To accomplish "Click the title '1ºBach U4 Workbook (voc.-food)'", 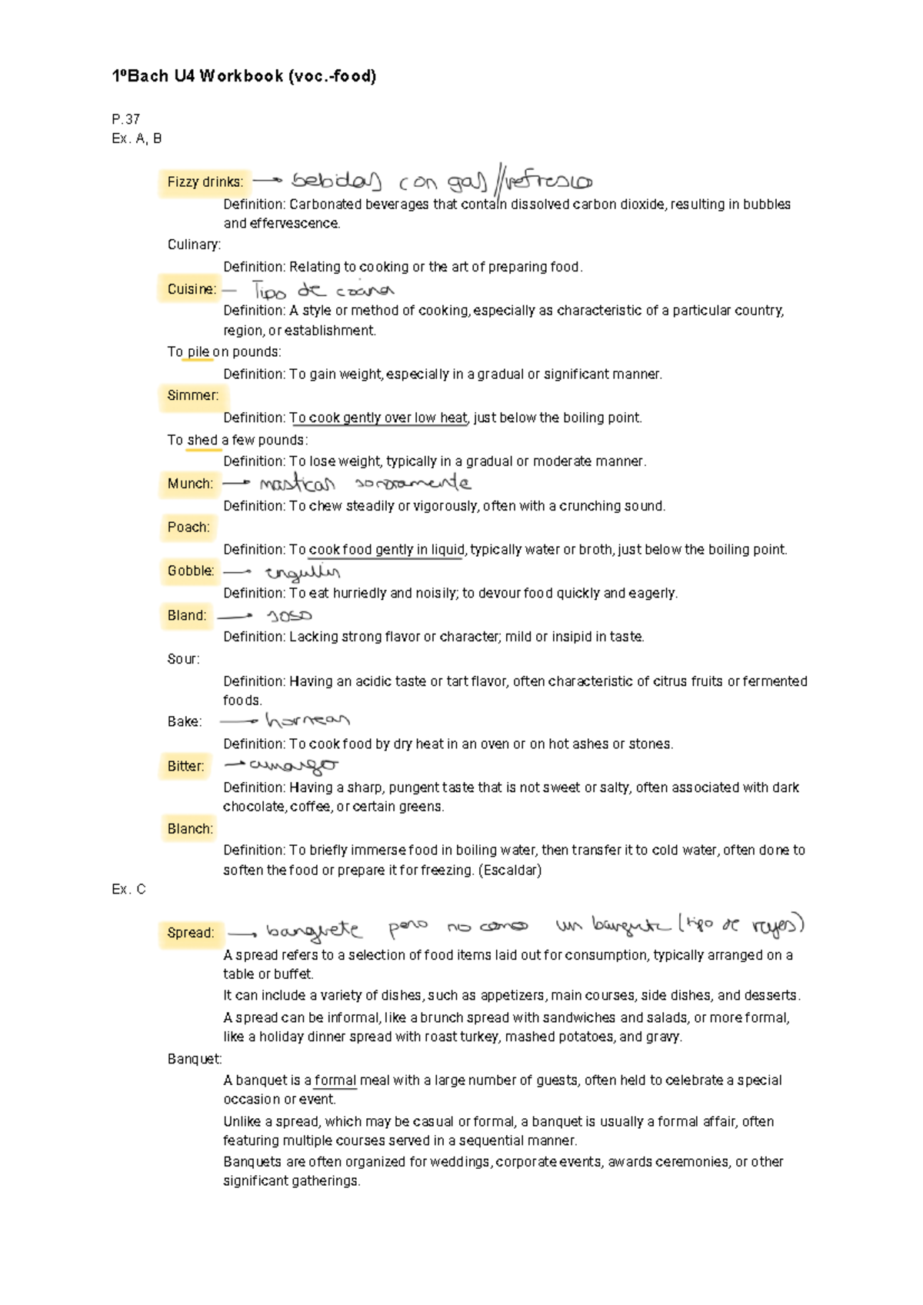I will coord(244,76).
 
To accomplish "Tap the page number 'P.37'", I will coord(125,119).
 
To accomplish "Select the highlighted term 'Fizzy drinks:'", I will coord(205,182).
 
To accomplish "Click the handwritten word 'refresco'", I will coord(548,181).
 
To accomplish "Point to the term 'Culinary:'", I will coord(194,245).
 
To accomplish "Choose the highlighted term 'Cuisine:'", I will coord(192,289).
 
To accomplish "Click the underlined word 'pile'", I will coord(198,352).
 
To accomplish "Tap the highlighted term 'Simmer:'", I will coord(192,395).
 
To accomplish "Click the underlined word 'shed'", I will coord(202,440).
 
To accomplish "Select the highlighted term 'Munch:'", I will coord(190,484).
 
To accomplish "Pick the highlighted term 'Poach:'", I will coord(188,527).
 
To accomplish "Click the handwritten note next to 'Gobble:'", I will coord(302,572).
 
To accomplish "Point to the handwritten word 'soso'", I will coord(289,616).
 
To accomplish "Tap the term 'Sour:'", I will coord(183,659).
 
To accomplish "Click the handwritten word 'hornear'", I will coord(307,721).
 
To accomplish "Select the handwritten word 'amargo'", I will coord(293,765).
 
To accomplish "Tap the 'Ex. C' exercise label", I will coord(128,889).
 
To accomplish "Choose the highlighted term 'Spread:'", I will coord(190,933).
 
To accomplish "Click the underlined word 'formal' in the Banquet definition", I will coord(335,1080).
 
